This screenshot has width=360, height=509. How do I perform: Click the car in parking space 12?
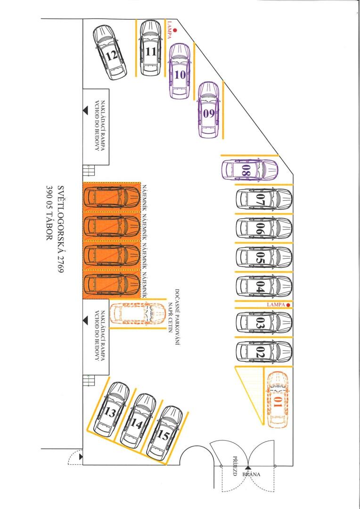click(x=110, y=53)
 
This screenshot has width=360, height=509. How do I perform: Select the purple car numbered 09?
click(x=208, y=110)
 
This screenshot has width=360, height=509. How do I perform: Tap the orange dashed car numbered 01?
click(x=277, y=400)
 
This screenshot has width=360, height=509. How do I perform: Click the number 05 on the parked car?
click(x=261, y=258)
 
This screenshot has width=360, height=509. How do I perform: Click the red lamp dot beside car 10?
click(x=175, y=30)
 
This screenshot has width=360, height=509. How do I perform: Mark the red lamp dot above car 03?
click(x=288, y=305)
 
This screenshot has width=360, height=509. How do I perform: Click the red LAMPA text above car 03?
click(x=276, y=305)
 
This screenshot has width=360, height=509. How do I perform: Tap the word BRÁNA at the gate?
click(x=251, y=474)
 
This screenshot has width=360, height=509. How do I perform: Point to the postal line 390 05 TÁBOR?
click(x=49, y=213)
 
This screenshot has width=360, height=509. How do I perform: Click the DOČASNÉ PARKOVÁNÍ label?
click(x=177, y=317)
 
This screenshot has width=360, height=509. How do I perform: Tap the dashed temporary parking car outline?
click(x=138, y=313)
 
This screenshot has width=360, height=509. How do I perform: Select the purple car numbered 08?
click(x=250, y=170)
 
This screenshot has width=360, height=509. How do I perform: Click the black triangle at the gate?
click(x=248, y=468)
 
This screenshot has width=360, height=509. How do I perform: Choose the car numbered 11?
click(x=151, y=48)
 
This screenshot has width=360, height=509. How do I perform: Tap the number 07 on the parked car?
click(x=261, y=200)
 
